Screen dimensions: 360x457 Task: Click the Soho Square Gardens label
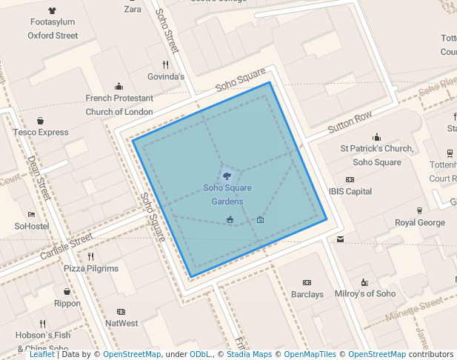point(228,194)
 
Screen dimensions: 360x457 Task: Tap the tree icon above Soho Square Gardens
point(227,176)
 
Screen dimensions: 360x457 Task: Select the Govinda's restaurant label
point(165,76)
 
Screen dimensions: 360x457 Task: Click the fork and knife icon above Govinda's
point(165,64)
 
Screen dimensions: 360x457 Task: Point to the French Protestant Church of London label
point(119,104)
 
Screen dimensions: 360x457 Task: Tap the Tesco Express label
point(40,133)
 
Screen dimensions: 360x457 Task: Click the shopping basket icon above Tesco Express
point(40,121)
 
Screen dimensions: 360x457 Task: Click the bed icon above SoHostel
point(31,214)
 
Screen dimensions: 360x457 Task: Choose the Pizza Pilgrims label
point(91,268)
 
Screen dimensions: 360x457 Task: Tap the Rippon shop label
point(67,303)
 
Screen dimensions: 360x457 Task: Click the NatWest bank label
point(121,323)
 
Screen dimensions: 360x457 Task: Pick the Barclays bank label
point(307,294)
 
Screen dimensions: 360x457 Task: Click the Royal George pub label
point(420,222)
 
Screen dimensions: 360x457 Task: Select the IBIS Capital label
point(350,191)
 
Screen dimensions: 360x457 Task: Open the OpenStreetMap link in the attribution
point(132,354)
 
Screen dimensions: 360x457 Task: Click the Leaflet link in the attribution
point(41,354)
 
